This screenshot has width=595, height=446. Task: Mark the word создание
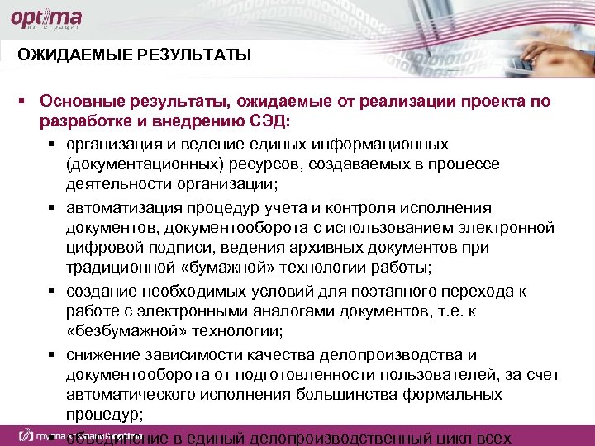pos(94,292)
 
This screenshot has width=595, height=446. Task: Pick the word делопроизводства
pos(398,355)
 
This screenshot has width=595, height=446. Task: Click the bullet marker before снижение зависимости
pos(52,355)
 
